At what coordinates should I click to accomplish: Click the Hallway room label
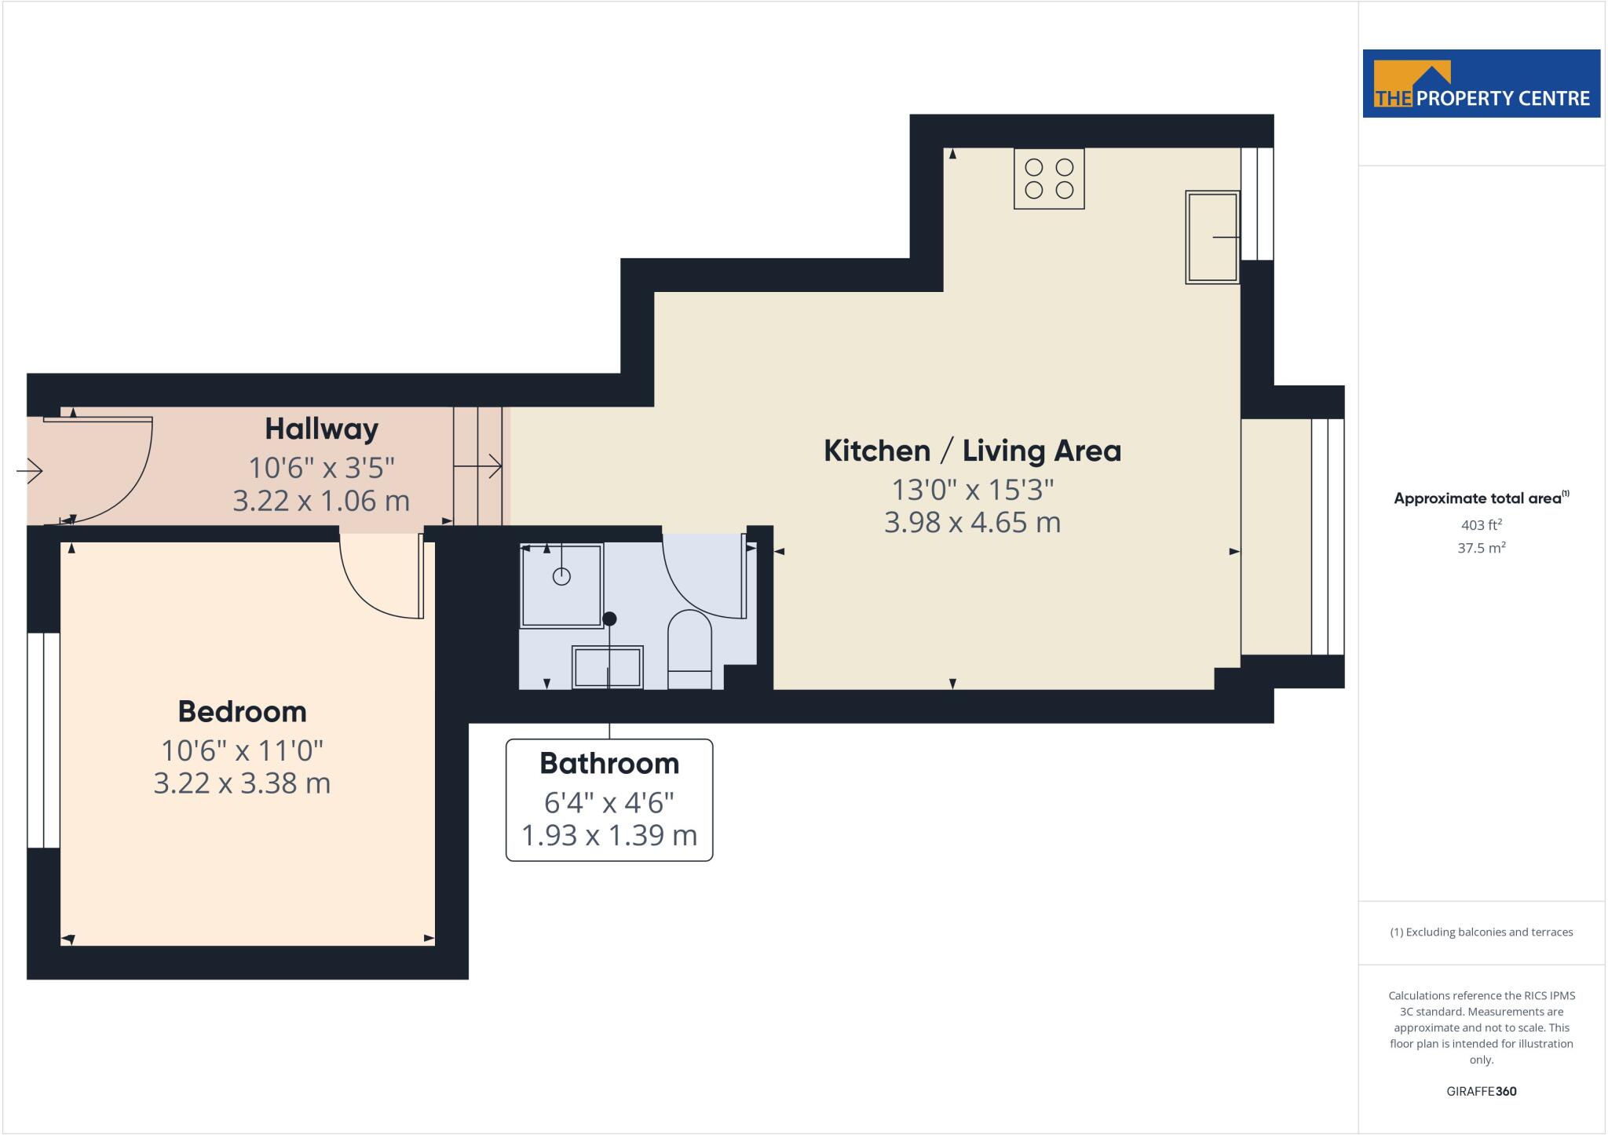321,429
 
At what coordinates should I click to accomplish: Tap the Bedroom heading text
242,712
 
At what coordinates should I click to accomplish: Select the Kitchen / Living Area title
972,451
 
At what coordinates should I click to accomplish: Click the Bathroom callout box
609,799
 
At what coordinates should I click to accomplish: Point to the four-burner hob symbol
1049,179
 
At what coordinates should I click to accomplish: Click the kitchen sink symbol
1211,236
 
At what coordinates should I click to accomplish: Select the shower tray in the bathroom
561,585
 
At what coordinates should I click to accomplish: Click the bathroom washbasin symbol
608,667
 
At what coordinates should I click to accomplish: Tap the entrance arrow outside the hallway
30,471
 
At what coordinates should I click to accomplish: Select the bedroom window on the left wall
43,740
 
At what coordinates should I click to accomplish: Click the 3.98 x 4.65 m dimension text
972,522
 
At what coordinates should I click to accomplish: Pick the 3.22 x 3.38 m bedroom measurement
242,783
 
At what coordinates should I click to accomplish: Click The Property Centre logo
1481,84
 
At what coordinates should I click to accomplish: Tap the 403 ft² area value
1481,525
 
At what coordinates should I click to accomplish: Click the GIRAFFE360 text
1481,1091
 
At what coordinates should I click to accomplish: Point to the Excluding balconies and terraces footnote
1481,932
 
